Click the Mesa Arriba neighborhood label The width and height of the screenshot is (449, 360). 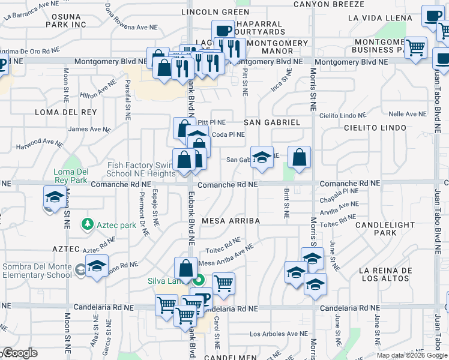(x=231, y=221)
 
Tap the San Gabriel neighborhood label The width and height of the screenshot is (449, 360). (x=272, y=122)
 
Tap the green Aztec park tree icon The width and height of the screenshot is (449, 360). (x=88, y=224)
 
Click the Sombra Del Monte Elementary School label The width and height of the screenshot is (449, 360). (x=37, y=271)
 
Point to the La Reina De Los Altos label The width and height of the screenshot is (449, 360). (x=385, y=274)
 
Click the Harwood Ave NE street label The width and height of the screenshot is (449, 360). (x=39, y=143)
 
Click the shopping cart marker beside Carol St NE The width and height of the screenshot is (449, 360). (x=223, y=283)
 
